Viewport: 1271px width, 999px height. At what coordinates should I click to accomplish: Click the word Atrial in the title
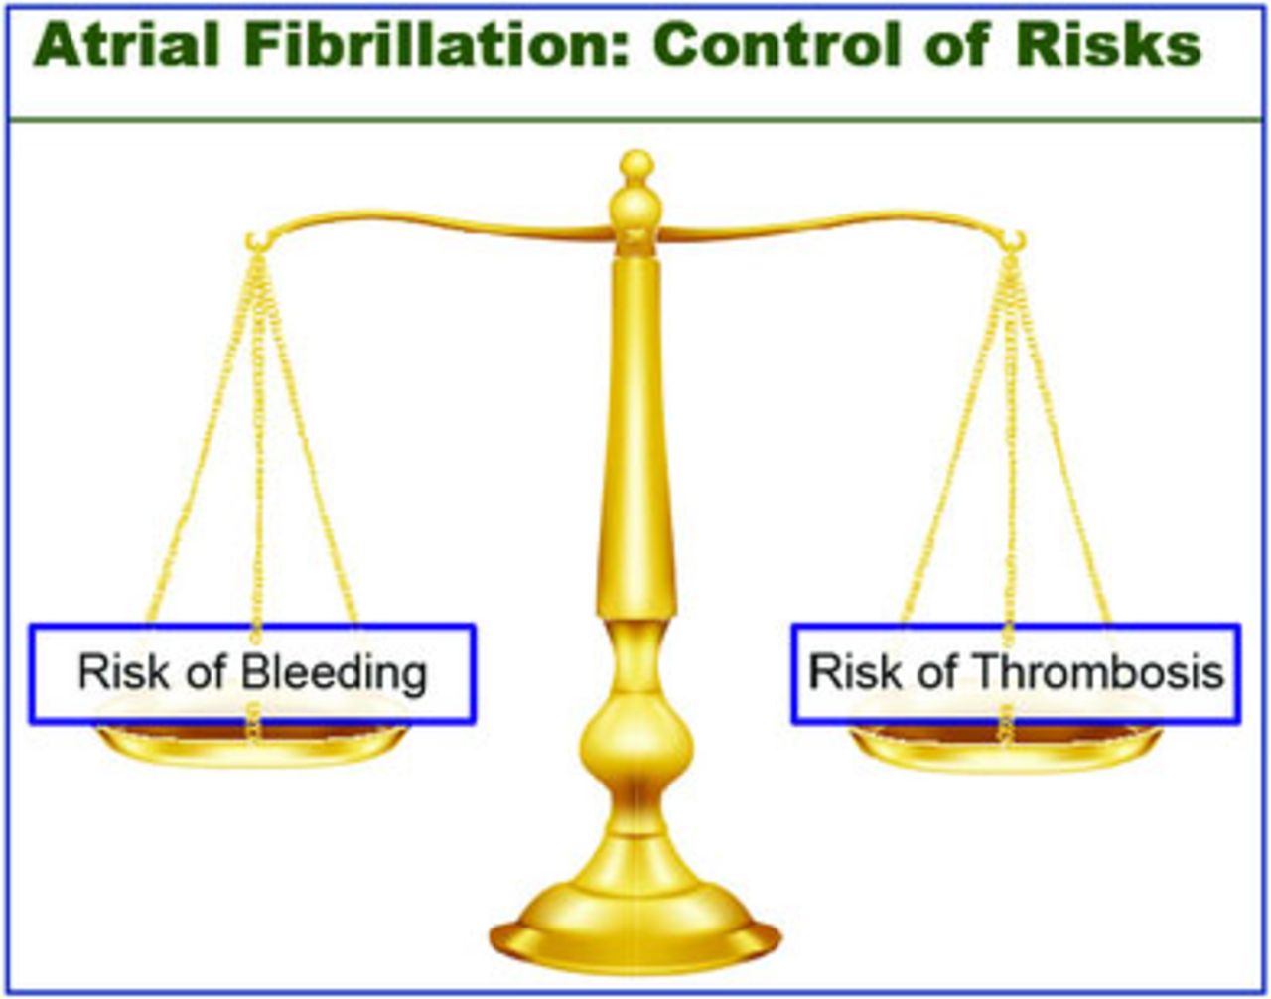click(126, 46)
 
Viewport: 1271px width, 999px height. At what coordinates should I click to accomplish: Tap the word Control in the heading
click(777, 46)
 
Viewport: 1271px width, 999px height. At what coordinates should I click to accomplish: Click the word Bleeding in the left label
click(335, 672)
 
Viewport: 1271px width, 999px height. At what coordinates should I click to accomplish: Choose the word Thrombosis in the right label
click(1098, 672)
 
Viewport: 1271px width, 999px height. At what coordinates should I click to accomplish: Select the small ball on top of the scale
click(636, 165)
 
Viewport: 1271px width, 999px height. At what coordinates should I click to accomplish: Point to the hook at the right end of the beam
click(1016, 241)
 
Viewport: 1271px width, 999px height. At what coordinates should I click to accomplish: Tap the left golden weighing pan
click(252, 744)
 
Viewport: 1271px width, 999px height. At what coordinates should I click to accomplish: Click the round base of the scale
click(635, 929)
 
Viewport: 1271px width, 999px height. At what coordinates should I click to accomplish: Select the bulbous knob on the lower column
click(636, 744)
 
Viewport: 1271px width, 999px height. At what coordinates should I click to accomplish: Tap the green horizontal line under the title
click(635, 120)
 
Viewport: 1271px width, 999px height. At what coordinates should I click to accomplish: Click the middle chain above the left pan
click(258, 445)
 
